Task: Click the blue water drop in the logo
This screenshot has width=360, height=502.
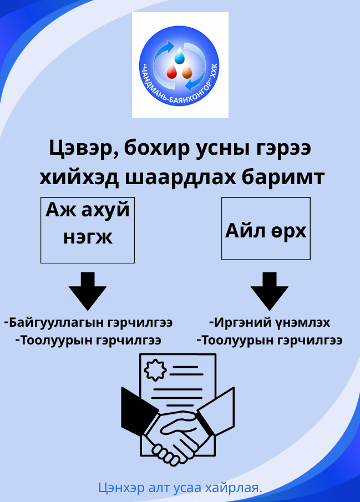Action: [x=179, y=57]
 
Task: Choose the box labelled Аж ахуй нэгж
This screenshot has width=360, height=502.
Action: [x=88, y=229]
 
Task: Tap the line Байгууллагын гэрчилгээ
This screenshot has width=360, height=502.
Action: [x=88, y=322]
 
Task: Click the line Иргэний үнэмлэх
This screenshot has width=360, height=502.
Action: [x=270, y=322]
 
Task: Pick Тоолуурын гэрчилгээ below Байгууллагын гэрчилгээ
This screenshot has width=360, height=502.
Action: [x=88, y=340]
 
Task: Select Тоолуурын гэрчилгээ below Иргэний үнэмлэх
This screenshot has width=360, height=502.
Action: [x=270, y=340]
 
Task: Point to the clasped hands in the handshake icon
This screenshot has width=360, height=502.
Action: [x=176, y=438]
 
